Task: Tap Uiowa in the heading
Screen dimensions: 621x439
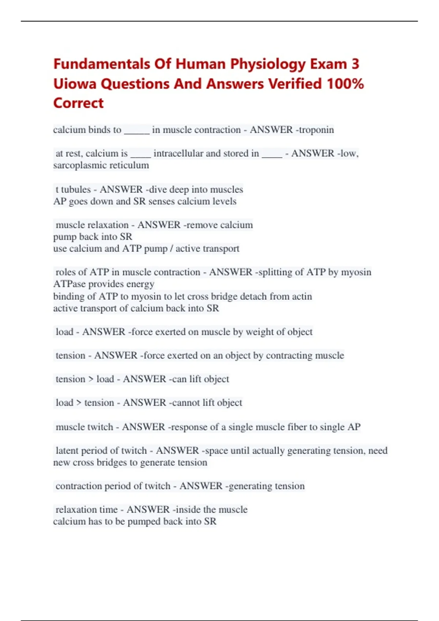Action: point(75,84)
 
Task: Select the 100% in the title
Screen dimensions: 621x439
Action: point(345,84)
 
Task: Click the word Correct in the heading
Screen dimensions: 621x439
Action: point(78,103)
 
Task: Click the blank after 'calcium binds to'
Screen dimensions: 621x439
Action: point(136,131)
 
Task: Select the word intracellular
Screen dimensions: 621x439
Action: point(178,153)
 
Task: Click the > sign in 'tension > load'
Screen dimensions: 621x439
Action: point(91,379)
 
